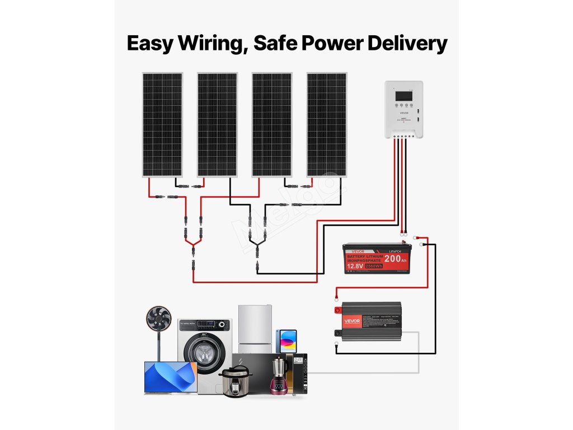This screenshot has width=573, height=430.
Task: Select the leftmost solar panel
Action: [x=162, y=124]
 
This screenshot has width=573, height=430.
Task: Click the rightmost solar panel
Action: [x=327, y=124]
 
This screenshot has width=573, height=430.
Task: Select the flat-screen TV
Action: [x=170, y=377]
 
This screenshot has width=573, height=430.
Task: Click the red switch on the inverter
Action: [x=337, y=310]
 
